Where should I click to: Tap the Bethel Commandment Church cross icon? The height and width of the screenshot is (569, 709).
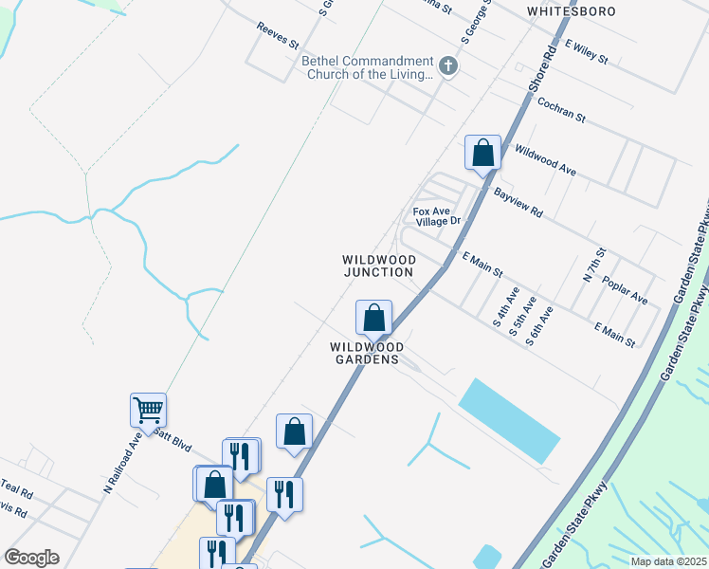coord(448,66)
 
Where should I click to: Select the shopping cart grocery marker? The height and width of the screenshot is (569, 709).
coord(148,411)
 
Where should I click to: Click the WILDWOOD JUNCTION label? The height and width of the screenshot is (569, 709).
coord(378,266)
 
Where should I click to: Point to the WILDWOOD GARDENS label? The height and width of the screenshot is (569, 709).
coord(374,354)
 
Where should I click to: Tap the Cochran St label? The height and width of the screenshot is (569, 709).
coord(561,111)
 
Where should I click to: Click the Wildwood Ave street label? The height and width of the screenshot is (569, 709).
coord(545,160)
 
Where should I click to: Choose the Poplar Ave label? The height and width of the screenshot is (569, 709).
coord(626,291)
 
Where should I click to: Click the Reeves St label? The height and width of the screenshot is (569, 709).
coord(278,37)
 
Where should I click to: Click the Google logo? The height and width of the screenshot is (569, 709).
coord(31,558)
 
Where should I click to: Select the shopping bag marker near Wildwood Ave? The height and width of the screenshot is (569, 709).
coord(482,152)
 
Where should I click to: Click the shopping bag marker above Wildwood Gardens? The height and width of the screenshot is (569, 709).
coord(373,317)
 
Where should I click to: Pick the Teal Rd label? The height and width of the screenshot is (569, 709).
coord(16,493)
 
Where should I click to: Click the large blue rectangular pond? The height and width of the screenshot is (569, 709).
coord(509,421)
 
